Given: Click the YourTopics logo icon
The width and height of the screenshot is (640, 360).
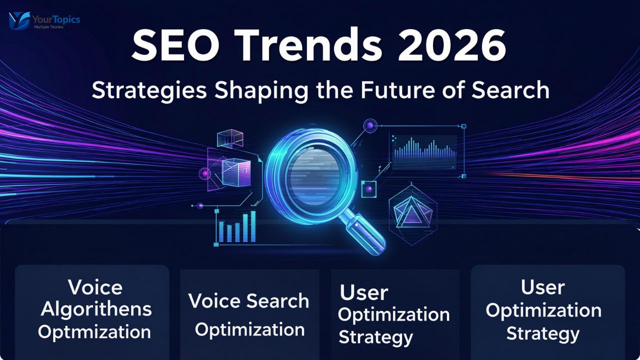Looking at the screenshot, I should pos(19,20).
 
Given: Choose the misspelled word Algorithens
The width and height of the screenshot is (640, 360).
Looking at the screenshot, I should pos(96,309).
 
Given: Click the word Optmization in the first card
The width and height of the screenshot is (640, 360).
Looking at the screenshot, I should pos(94,331).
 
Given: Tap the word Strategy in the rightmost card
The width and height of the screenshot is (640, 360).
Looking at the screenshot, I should pos(542,333).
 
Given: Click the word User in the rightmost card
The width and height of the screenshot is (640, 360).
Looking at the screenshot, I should pos(542,287).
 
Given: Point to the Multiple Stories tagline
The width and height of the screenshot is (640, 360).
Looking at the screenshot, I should pos(48,26).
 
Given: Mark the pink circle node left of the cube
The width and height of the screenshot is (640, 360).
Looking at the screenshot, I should pos(204,173).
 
